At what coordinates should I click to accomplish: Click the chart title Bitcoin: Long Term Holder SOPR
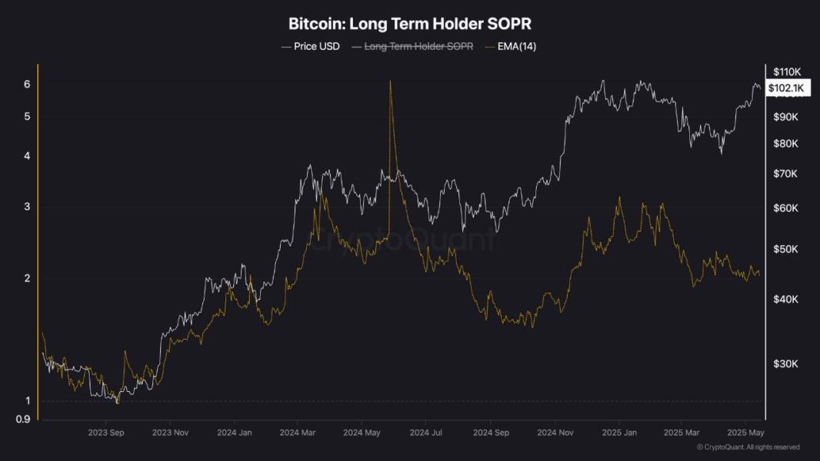pos(409,24)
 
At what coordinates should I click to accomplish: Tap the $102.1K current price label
pos(785,88)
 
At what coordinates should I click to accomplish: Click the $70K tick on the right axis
pos(785,174)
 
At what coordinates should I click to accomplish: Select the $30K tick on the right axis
pos(785,363)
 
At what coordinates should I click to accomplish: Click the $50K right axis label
pos(785,250)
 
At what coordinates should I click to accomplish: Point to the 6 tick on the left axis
pos(27,84)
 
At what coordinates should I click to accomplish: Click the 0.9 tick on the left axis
pos(24,419)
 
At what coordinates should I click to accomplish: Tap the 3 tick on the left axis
pos(27,206)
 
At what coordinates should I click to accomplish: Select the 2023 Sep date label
pos(107,433)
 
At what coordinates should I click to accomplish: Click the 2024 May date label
pos(362,433)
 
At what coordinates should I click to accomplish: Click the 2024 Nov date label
pos(555,433)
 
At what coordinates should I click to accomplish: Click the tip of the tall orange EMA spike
pos(391,81)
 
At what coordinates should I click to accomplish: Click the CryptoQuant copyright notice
pos(748,447)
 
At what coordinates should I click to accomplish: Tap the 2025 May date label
pos(745,433)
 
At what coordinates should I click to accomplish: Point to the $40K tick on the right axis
pos(785,299)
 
